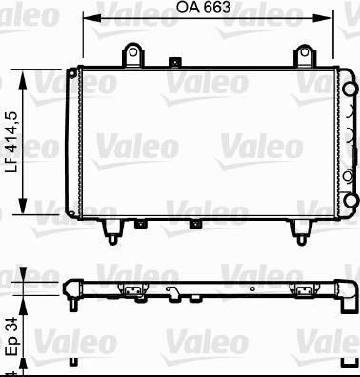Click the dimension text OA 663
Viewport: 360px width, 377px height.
tap(204, 9)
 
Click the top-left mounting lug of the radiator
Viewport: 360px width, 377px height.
tap(134, 54)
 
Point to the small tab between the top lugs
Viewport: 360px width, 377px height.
tap(172, 65)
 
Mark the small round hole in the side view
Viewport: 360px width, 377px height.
tap(250, 286)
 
